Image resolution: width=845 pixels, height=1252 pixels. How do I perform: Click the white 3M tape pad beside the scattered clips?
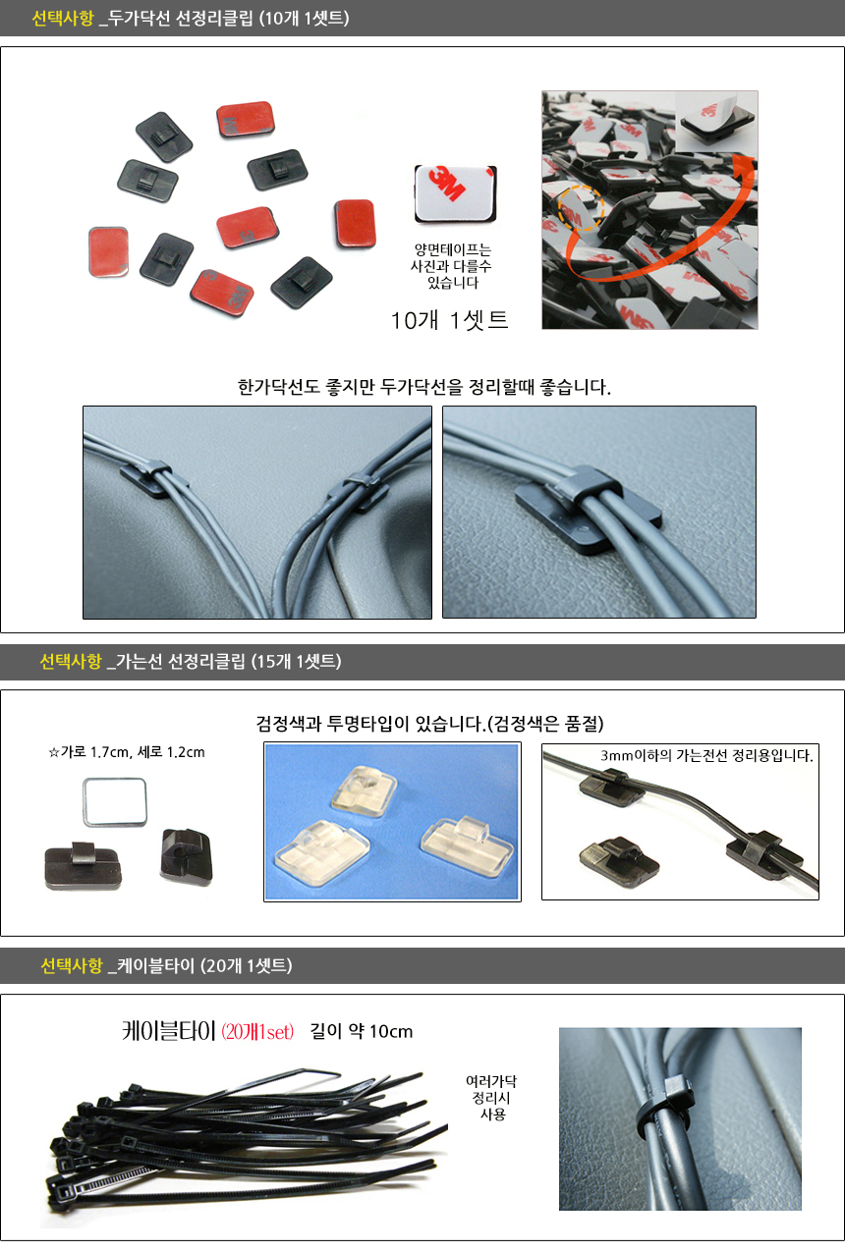455,193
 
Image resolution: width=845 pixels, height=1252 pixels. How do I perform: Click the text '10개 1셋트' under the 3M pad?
449,320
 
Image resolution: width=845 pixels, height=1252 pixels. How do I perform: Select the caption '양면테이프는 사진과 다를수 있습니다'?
452,266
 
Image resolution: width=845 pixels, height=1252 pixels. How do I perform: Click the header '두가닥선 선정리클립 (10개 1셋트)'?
229,19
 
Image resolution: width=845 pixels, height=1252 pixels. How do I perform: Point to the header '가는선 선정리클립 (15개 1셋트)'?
229,661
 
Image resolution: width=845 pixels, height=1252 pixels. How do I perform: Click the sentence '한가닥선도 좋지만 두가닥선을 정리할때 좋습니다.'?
423,387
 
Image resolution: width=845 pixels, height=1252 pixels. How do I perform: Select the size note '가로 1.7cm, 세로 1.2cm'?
133,752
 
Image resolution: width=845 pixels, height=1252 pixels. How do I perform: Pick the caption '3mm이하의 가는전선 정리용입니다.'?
706,756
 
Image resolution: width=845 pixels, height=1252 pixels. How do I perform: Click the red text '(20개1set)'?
257,1031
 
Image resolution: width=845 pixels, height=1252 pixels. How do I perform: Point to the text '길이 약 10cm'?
362,1031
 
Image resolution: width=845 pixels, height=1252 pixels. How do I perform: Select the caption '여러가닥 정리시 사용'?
491,1098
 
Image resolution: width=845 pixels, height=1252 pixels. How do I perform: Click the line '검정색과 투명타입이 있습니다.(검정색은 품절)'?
430,724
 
